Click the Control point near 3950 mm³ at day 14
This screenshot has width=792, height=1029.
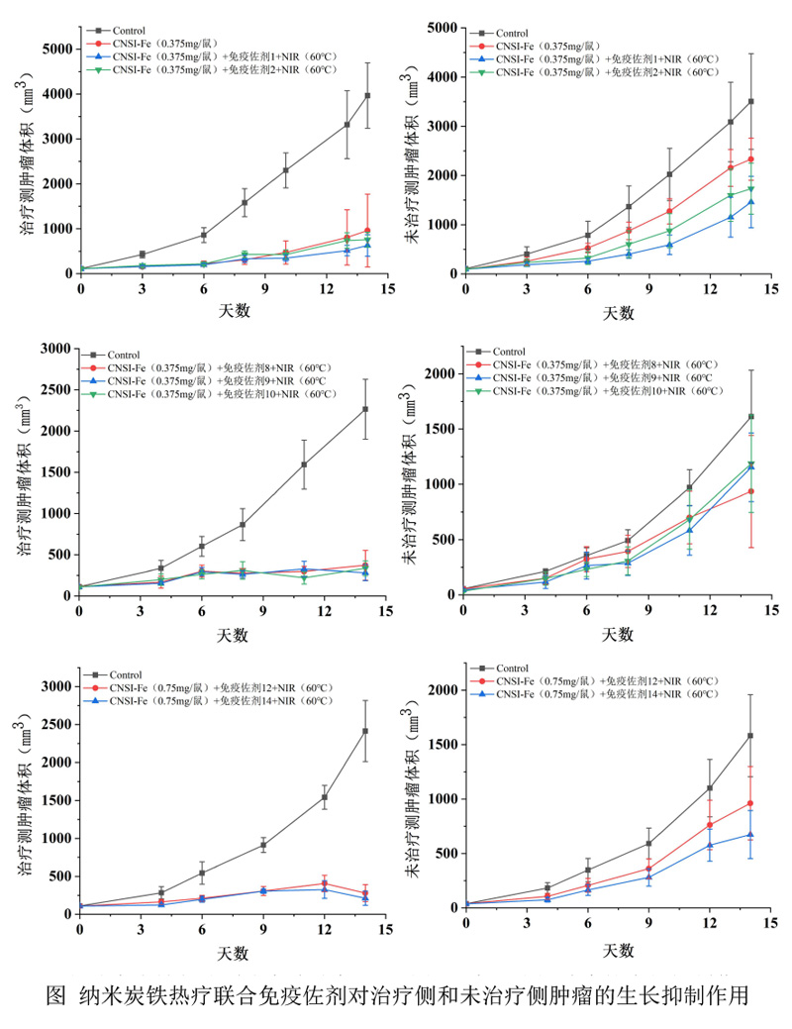[x=367, y=95]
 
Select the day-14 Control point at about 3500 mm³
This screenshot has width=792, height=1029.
[x=751, y=101]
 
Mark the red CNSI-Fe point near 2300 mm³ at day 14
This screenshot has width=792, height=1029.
[x=751, y=159]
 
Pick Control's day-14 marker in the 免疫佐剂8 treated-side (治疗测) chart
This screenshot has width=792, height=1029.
[x=365, y=409]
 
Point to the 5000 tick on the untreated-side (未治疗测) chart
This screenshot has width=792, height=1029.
[x=441, y=28]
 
